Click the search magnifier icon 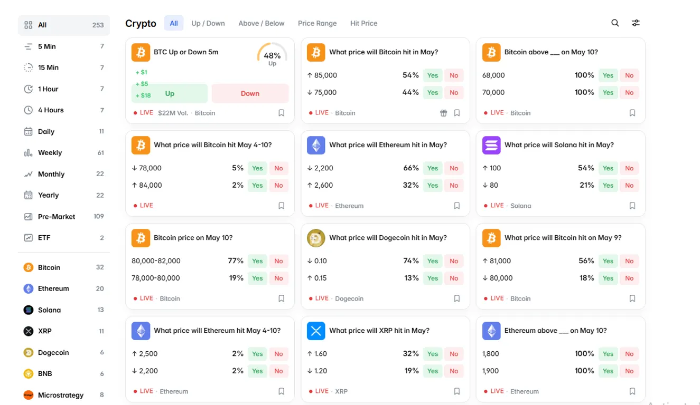click(615, 23)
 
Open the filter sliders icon click(636, 23)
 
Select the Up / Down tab click(208, 23)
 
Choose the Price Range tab click(317, 23)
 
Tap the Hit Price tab click(363, 23)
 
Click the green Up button click(170, 93)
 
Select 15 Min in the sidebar click(48, 67)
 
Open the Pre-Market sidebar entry click(56, 217)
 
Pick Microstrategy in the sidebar click(61, 395)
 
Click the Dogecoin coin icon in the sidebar click(29, 353)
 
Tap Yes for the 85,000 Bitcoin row click(433, 75)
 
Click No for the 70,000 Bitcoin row click(629, 93)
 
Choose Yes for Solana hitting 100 click(608, 168)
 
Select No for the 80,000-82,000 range click(278, 261)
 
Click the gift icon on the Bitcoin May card click(443, 113)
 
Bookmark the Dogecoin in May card click(456, 298)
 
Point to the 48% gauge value click(272, 55)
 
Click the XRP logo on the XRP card click(316, 331)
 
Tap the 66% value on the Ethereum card click(410, 168)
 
